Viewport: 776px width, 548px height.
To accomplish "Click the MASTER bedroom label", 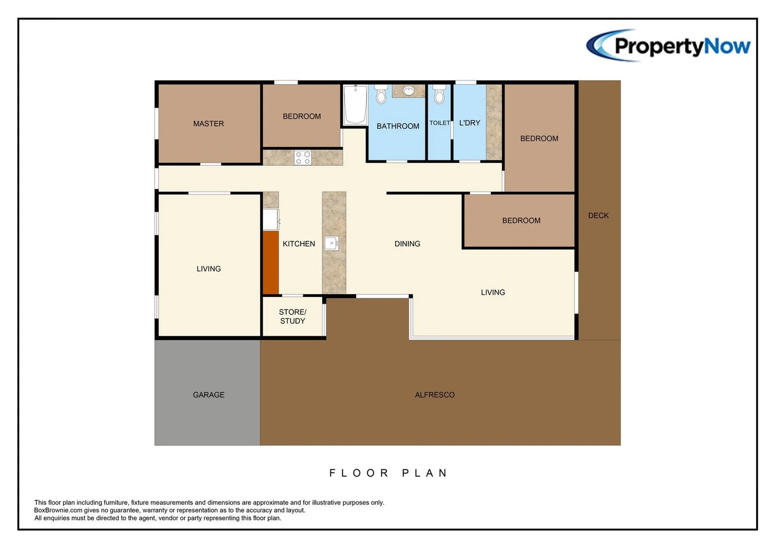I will (208, 124).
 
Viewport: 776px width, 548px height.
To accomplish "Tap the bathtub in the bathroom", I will (355, 105).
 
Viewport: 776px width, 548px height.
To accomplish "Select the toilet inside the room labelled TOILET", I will (439, 94).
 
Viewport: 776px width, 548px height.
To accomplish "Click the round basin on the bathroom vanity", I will (408, 91).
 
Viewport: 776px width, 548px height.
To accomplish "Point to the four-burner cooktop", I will (303, 158).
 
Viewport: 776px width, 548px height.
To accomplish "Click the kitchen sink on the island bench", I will (332, 244).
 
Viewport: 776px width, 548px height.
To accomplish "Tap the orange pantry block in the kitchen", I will (271, 262).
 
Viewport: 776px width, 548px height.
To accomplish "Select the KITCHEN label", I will (299, 244).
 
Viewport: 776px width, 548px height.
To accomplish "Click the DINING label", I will (407, 244).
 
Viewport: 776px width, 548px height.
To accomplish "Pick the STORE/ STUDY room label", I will (293, 317).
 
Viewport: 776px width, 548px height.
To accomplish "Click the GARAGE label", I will (208, 395).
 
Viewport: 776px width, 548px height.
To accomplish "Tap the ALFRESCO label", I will (435, 395).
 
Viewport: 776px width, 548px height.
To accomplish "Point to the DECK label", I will (598, 216).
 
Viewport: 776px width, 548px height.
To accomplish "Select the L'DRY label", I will (469, 123).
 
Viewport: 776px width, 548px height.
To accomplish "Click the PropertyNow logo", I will (668, 46).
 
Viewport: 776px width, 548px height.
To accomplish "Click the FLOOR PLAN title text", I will (389, 473).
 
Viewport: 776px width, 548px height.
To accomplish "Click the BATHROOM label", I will (398, 126).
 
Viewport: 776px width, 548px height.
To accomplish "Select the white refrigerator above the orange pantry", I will (271, 219).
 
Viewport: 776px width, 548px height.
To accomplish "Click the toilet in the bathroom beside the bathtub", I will (381, 94).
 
